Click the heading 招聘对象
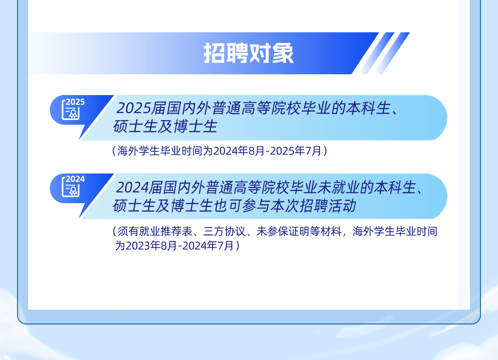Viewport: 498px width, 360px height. (249, 53)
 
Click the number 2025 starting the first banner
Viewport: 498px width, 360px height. (133, 108)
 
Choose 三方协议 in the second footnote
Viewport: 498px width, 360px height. (224, 231)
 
